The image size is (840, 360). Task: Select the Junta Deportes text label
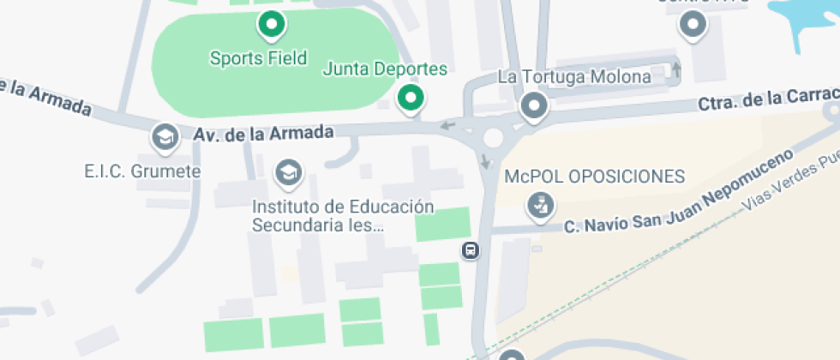point(385,69)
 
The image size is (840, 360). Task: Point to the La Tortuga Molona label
point(574,77)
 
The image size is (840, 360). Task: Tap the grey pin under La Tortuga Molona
point(535,107)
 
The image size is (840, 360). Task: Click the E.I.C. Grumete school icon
point(164,135)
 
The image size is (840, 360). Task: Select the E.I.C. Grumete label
point(142,171)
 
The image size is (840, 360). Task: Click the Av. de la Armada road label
point(262,134)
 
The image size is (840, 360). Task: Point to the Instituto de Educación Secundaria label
point(343,216)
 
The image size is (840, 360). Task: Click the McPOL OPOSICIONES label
point(595,177)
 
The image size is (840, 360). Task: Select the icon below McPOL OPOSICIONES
point(541,206)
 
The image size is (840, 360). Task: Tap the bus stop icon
point(471,251)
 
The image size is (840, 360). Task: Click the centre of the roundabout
point(493,138)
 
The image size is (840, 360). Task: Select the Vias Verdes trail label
point(793,183)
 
